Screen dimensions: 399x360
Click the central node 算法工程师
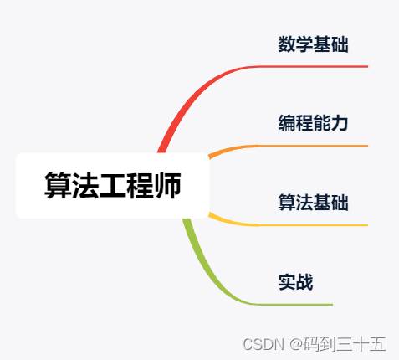coord(113,185)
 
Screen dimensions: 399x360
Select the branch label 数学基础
coord(313,44)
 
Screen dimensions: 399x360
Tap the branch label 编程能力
coord(313,123)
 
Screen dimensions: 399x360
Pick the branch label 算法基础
coord(313,203)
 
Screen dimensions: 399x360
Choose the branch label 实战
coord(295,282)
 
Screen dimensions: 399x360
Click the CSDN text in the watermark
coord(263,344)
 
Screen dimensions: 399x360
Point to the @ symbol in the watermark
coord(296,344)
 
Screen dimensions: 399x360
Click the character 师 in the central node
coord(167,185)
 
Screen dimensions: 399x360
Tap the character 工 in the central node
coord(113,186)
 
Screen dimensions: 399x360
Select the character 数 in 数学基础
coord(287,44)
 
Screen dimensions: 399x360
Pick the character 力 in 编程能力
coord(340,123)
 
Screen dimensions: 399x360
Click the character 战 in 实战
coord(304,282)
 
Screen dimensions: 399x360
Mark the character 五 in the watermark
coord(377,344)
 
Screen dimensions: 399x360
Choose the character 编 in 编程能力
coord(287,123)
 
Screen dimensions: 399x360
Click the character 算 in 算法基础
coord(287,203)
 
